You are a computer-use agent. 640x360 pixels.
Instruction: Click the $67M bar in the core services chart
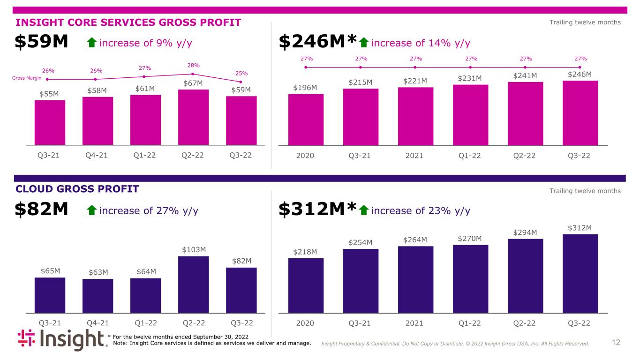[x=194, y=118]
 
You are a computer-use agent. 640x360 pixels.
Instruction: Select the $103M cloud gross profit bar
[x=194, y=285]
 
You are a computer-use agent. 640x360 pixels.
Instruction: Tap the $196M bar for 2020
[x=306, y=120]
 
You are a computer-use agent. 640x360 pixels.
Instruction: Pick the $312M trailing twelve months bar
[x=580, y=274]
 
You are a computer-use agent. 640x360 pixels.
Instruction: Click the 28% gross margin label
[x=194, y=66]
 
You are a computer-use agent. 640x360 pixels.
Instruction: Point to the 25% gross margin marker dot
[x=241, y=82]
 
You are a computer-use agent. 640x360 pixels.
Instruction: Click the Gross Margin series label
[x=27, y=78]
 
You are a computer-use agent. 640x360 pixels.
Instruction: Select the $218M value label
[x=305, y=252]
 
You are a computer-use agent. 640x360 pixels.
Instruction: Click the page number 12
[x=616, y=342]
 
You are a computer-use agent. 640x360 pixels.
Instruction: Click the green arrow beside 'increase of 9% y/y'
[x=91, y=43]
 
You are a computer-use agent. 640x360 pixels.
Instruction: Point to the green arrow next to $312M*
[x=363, y=210]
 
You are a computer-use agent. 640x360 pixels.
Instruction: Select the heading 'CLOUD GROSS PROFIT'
[x=77, y=189]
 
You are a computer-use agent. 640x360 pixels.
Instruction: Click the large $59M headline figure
[x=41, y=41]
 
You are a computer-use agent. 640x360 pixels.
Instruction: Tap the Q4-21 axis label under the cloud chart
[x=98, y=323]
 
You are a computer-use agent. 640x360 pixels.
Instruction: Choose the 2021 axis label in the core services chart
[x=414, y=156]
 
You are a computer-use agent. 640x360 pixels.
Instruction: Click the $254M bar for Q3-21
[x=361, y=281]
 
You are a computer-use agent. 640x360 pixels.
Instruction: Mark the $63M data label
[x=98, y=272]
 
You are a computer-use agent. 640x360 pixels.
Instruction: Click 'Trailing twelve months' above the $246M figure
[x=585, y=22]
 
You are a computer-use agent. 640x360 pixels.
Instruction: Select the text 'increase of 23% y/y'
[x=421, y=210]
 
